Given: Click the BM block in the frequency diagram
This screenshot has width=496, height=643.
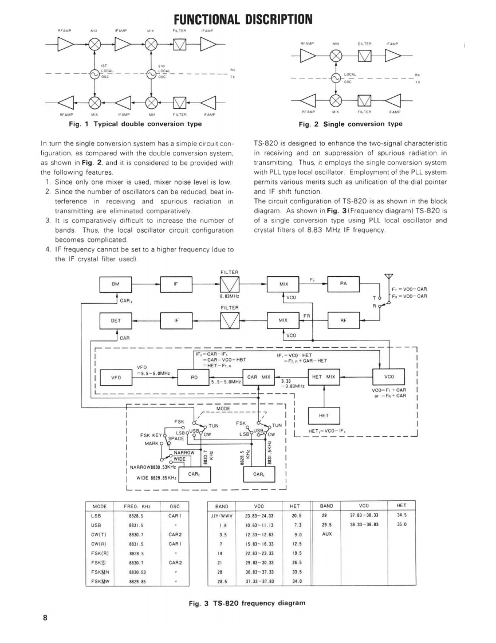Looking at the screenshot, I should click(117, 284).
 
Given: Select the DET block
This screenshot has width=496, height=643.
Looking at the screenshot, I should click(117, 321).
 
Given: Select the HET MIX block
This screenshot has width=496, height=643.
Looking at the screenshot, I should click(325, 377).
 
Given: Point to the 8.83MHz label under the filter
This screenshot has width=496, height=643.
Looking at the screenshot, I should click(229, 297).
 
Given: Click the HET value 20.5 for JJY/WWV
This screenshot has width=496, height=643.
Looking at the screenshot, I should click(296, 516).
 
